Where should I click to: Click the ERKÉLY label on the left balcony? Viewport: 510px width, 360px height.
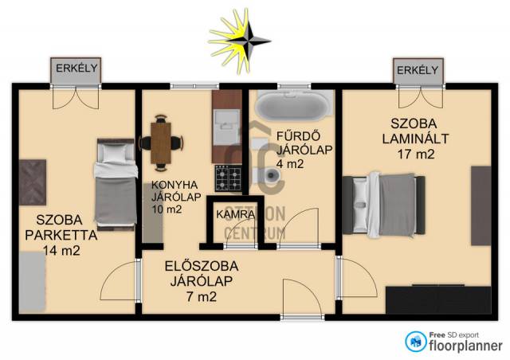(x=76, y=68)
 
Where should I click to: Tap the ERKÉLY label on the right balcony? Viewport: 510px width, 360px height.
(x=418, y=70)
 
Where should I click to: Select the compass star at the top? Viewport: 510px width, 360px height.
(x=240, y=41)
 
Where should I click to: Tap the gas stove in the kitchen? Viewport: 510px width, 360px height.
(x=229, y=178)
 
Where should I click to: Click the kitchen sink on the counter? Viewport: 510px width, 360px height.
(x=226, y=127)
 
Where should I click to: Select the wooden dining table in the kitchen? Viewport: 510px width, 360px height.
(x=161, y=143)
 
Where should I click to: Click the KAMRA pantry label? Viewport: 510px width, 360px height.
(x=236, y=214)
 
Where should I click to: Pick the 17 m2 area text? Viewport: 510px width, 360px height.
(x=416, y=154)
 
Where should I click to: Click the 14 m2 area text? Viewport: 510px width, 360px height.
(x=61, y=250)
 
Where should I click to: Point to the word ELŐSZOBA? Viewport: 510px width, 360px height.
(x=202, y=266)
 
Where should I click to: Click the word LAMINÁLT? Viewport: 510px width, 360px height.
(x=415, y=139)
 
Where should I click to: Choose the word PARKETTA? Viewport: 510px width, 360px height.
(x=61, y=235)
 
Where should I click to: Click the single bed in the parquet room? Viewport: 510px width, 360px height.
(x=116, y=185)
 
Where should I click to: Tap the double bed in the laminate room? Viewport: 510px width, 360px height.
(x=384, y=205)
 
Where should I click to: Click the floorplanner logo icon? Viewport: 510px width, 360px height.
(x=416, y=342)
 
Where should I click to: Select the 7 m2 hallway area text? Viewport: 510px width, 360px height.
(x=202, y=296)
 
